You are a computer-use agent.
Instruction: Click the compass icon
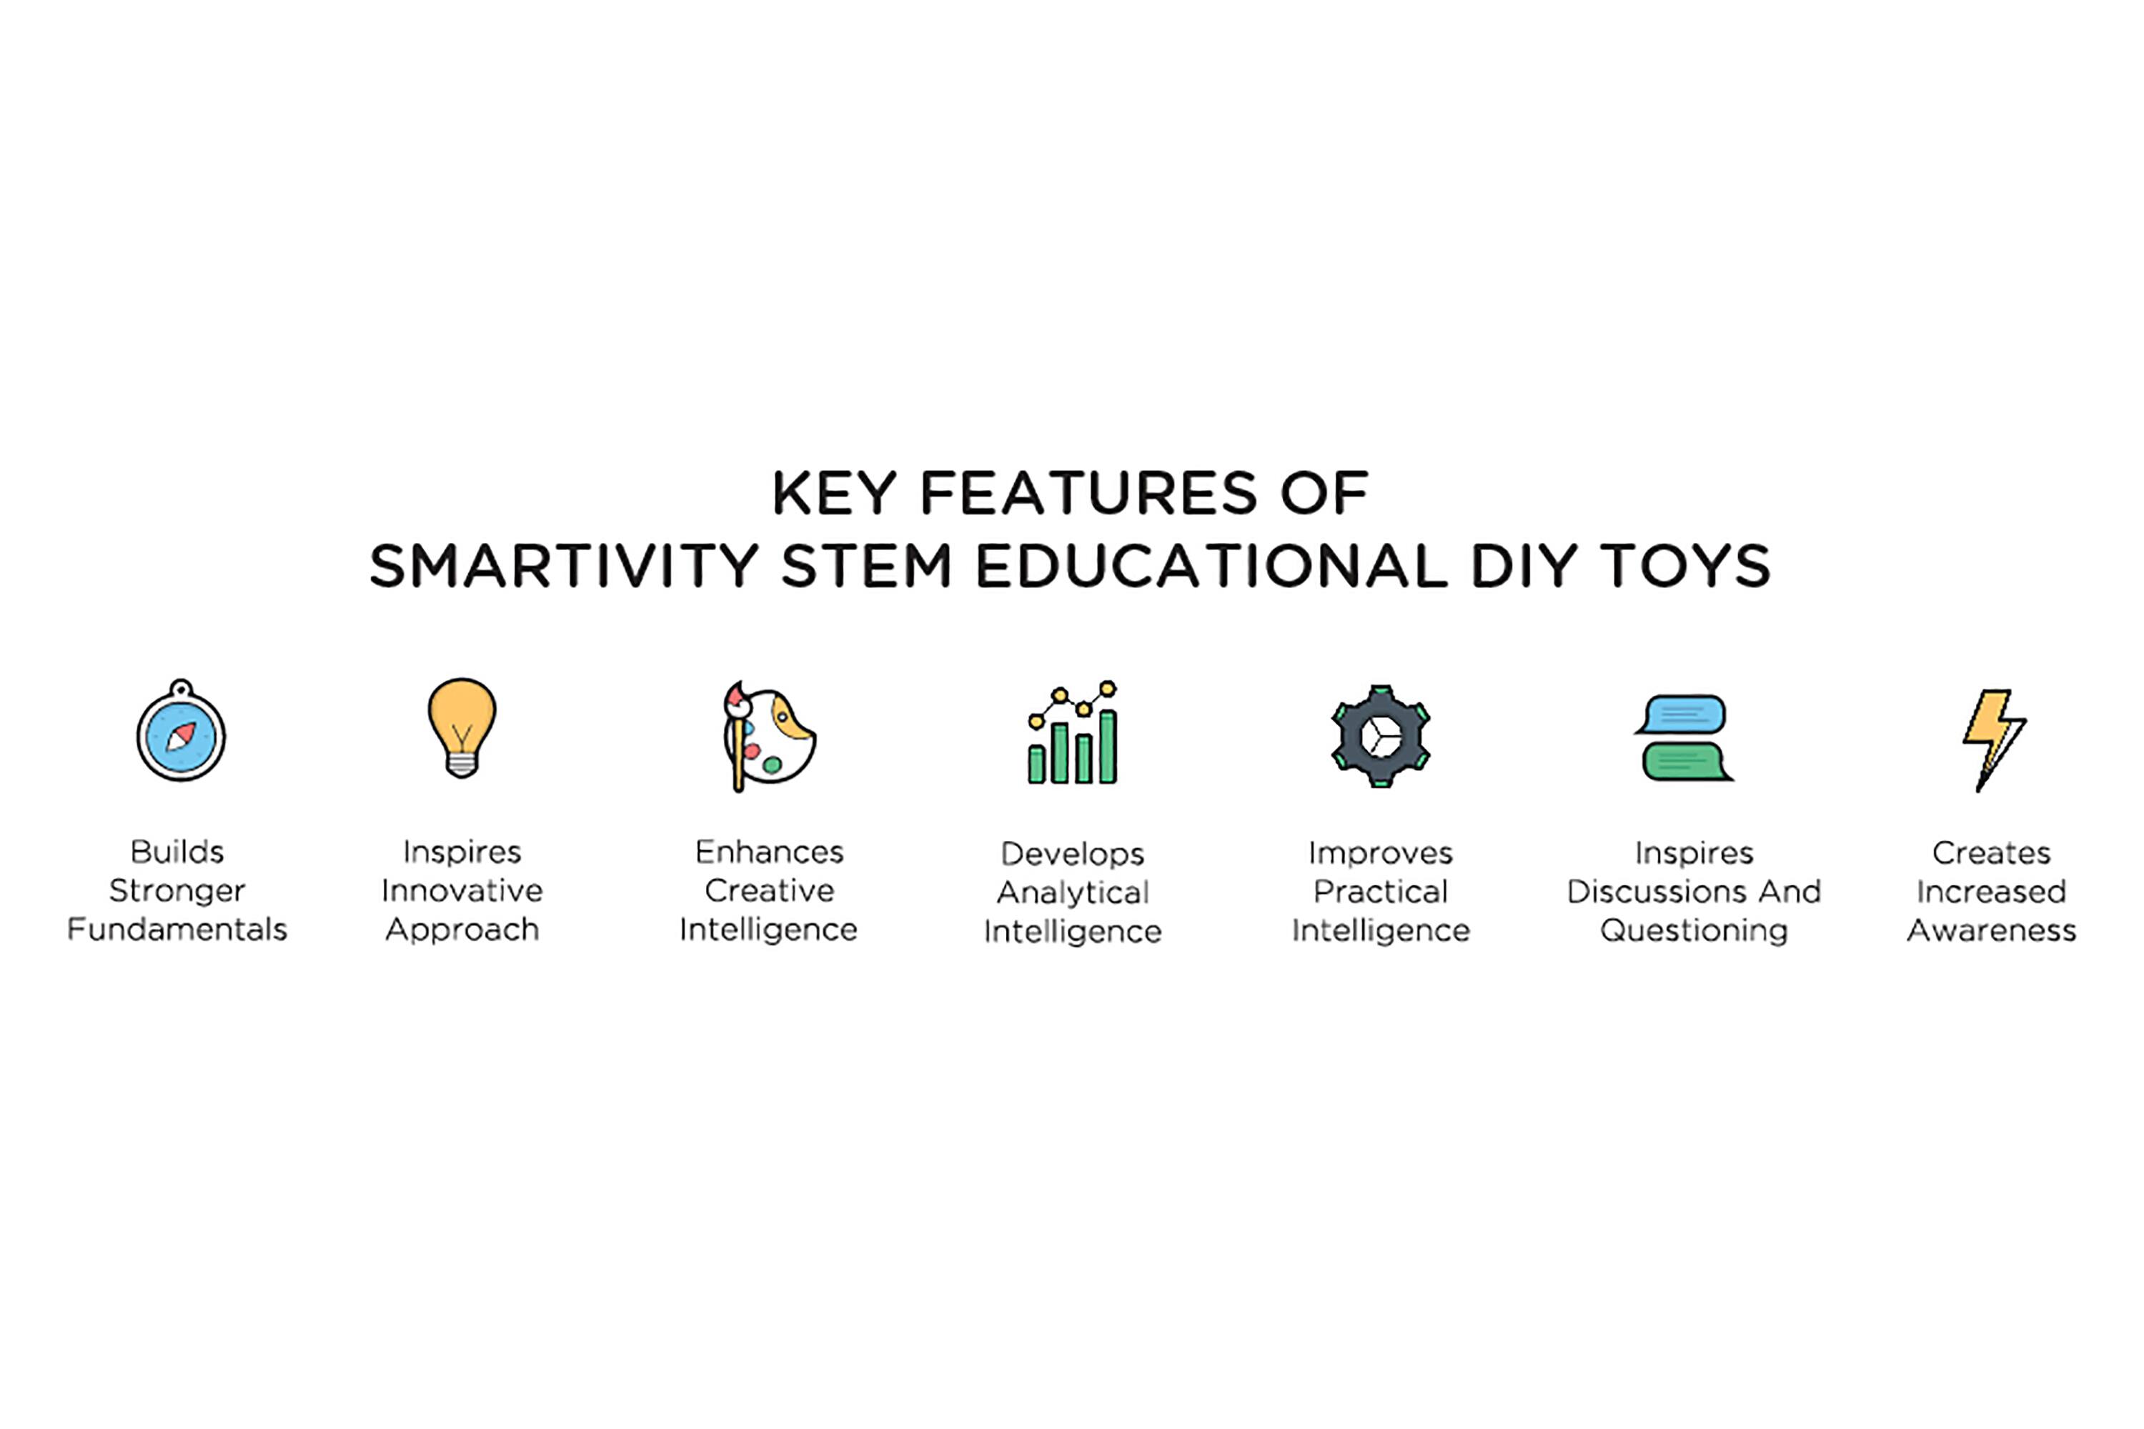point(181,731)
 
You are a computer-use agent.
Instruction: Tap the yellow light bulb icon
point(462,727)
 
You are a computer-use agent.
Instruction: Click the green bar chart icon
point(1073,733)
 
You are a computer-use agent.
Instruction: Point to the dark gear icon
point(1380,737)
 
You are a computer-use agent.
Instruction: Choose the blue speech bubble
point(1682,714)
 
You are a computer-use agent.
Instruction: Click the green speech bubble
point(1687,762)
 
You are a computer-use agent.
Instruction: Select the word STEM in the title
point(866,566)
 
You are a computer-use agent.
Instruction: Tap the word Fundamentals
point(177,930)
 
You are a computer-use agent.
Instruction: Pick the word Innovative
point(462,890)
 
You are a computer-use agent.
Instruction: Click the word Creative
point(770,890)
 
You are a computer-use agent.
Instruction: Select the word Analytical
point(1073,893)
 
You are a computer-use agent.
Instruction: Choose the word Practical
point(1380,891)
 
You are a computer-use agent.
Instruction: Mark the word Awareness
point(1992,930)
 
